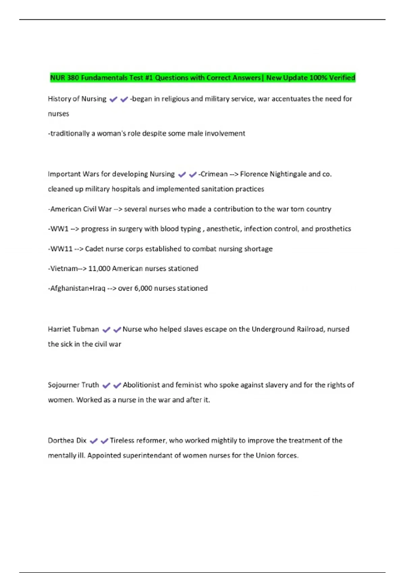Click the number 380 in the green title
point(73,78)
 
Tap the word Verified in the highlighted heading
point(342,78)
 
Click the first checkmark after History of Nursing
point(113,99)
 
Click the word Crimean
point(214,174)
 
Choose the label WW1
point(59,229)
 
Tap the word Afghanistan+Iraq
point(78,289)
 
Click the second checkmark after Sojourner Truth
point(117,385)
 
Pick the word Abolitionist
point(141,385)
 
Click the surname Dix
point(81,441)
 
